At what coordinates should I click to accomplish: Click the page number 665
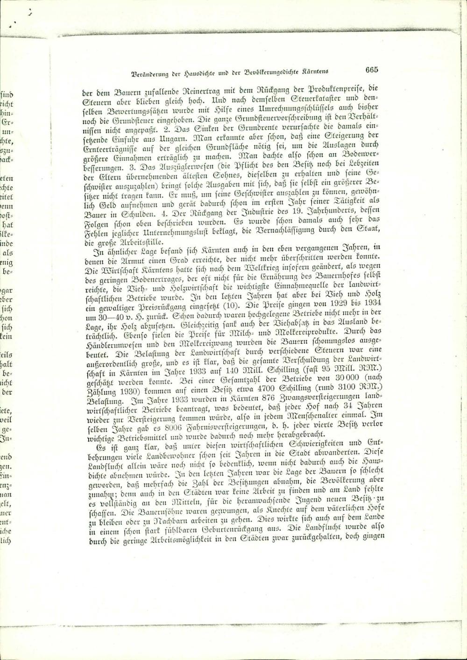pos(372,70)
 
